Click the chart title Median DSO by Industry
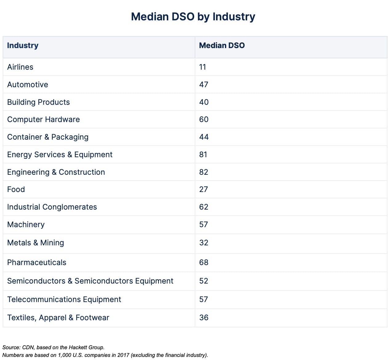[193, 17]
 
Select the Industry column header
[23, 46]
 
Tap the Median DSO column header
[222, 46]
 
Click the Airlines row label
[20, 67]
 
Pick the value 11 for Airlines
[202, 67]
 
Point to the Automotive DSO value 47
[204, 85]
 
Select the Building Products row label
[39, 102]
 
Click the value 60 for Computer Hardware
[204, 120]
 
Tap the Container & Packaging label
[48, 137]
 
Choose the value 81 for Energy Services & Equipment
[203, 155]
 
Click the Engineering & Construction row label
[56, 172]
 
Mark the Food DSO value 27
[203, 190]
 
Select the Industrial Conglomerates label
[52, 207]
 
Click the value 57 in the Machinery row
[203, 225]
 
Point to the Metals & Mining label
[36, 243]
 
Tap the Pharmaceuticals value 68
[204, 263]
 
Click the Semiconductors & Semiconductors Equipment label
[90, 281]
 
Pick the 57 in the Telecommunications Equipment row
[203, 300]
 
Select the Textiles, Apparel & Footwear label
[58, 318]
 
